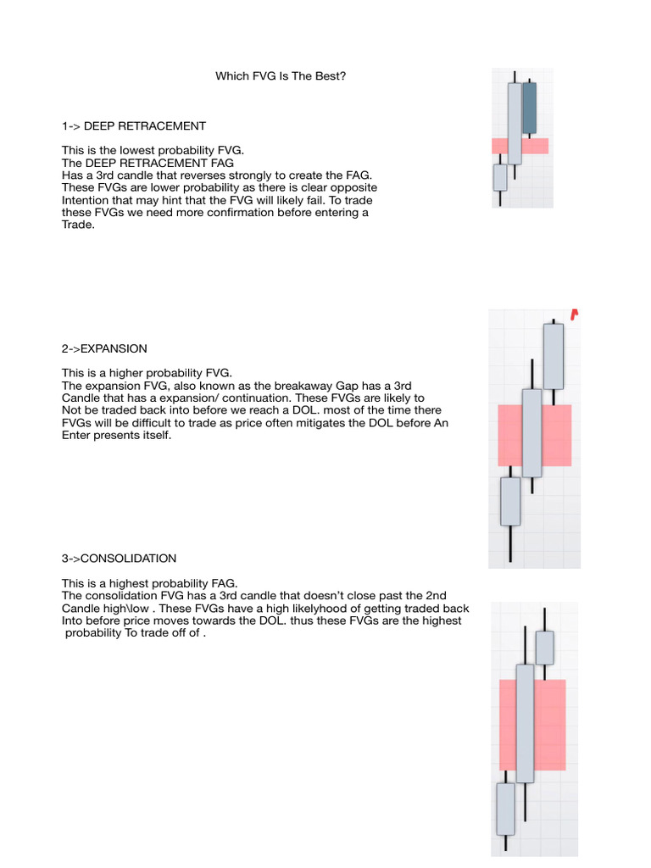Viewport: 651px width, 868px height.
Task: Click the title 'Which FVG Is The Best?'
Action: click(281, 76)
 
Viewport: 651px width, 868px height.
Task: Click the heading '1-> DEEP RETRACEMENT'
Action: click(133, 126)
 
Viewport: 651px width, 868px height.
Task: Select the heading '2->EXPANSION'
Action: click(104, 348)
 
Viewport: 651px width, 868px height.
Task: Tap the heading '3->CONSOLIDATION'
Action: click(119, 559)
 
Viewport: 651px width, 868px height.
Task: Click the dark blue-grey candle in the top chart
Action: click(529, 108)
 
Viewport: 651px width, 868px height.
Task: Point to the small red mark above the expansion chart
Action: click(575, 314)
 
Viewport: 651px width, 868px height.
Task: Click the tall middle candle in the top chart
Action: click(515, 123)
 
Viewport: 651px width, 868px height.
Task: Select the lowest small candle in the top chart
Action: click(500, 177)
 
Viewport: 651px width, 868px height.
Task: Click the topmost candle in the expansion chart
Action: click(553, 356)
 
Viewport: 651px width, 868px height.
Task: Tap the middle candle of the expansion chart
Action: click(531, 432)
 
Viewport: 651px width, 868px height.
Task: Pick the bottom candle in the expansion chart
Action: click(510, 501)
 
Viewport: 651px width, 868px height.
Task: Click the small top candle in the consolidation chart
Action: click(544, 648)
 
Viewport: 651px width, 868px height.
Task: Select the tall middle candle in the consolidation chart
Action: click(525, 722)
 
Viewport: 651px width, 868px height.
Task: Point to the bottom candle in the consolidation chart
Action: click(505, 809)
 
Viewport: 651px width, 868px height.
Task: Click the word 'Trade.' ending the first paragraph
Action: click(79, 225)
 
